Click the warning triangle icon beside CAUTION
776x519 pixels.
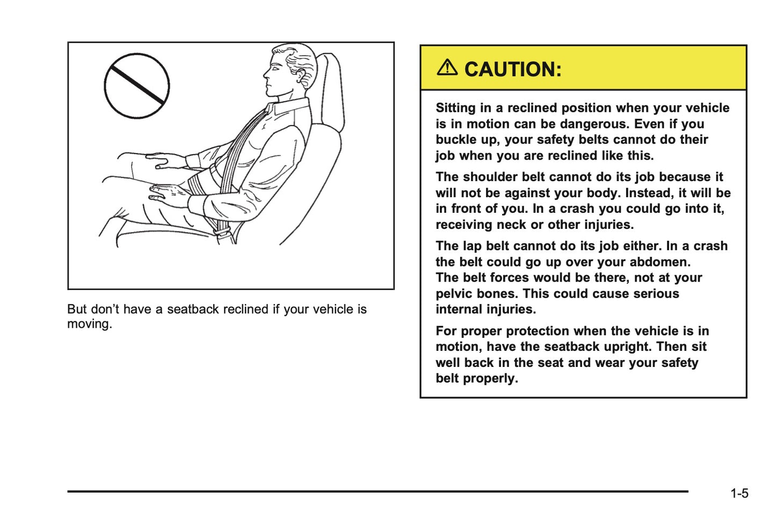tap(447, 68)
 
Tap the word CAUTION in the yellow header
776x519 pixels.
tap(512, 69)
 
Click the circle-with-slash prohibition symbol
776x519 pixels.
tap(137, 86)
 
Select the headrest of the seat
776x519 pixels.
tap(330, 91)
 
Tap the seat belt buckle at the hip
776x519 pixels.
tap(222, 232)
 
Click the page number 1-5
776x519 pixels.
tap(739, 493)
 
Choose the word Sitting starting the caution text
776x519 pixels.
tap(456, 108)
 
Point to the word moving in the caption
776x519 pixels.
tap(89, 324)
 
